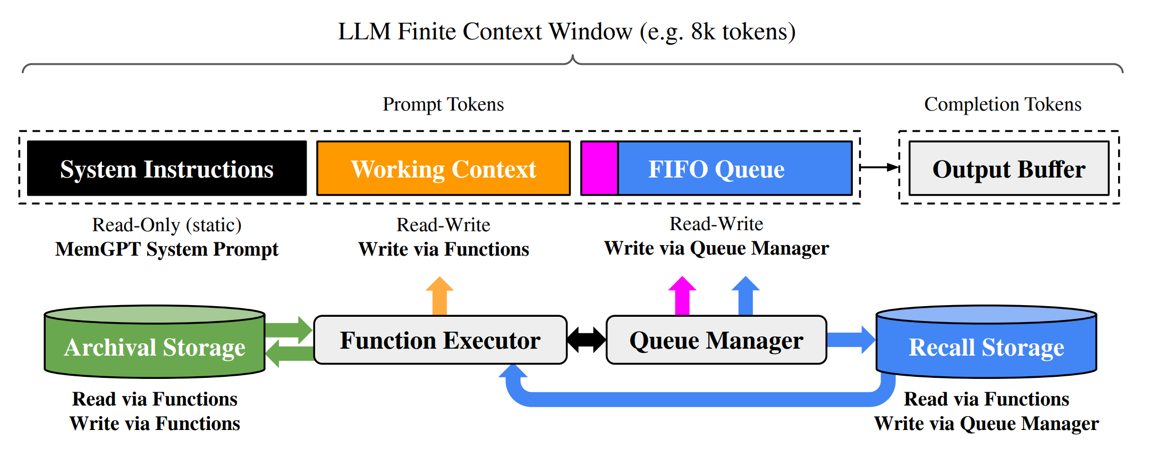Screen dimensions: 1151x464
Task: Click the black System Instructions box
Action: click(x=167, y=168)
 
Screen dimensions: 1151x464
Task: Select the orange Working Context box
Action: click(x=443, y=168)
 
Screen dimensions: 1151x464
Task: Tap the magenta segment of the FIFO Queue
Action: click(x=599, y=168)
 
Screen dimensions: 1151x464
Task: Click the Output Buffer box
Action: click(x=1009, y=168)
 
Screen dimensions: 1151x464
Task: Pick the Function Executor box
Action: click(x=441, y=340)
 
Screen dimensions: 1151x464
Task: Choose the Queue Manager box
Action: click(x=716, y=340)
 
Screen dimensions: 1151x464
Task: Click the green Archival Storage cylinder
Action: click(x=155, y=341)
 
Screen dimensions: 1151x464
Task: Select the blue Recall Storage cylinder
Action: click(x=986, y=341)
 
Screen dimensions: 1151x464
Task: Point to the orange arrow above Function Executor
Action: click(x=439, y=296)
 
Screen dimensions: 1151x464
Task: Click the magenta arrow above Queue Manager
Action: click(x=682, y=296)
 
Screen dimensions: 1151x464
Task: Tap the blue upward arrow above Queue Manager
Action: click(x=746, y=296)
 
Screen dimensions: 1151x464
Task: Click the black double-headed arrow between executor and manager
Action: click(x=587, y=340)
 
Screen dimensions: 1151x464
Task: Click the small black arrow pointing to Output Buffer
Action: click(x=879, y=167)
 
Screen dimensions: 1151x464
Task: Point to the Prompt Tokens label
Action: click(x=443, y=104)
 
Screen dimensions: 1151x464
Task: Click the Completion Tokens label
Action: click(x=1003, y=104)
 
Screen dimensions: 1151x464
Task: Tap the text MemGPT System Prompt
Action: click(x=167, y=249)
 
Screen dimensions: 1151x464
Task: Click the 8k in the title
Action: click(x=703, y=31)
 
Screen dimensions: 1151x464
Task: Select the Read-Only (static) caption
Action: click(x=167, y=225)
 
